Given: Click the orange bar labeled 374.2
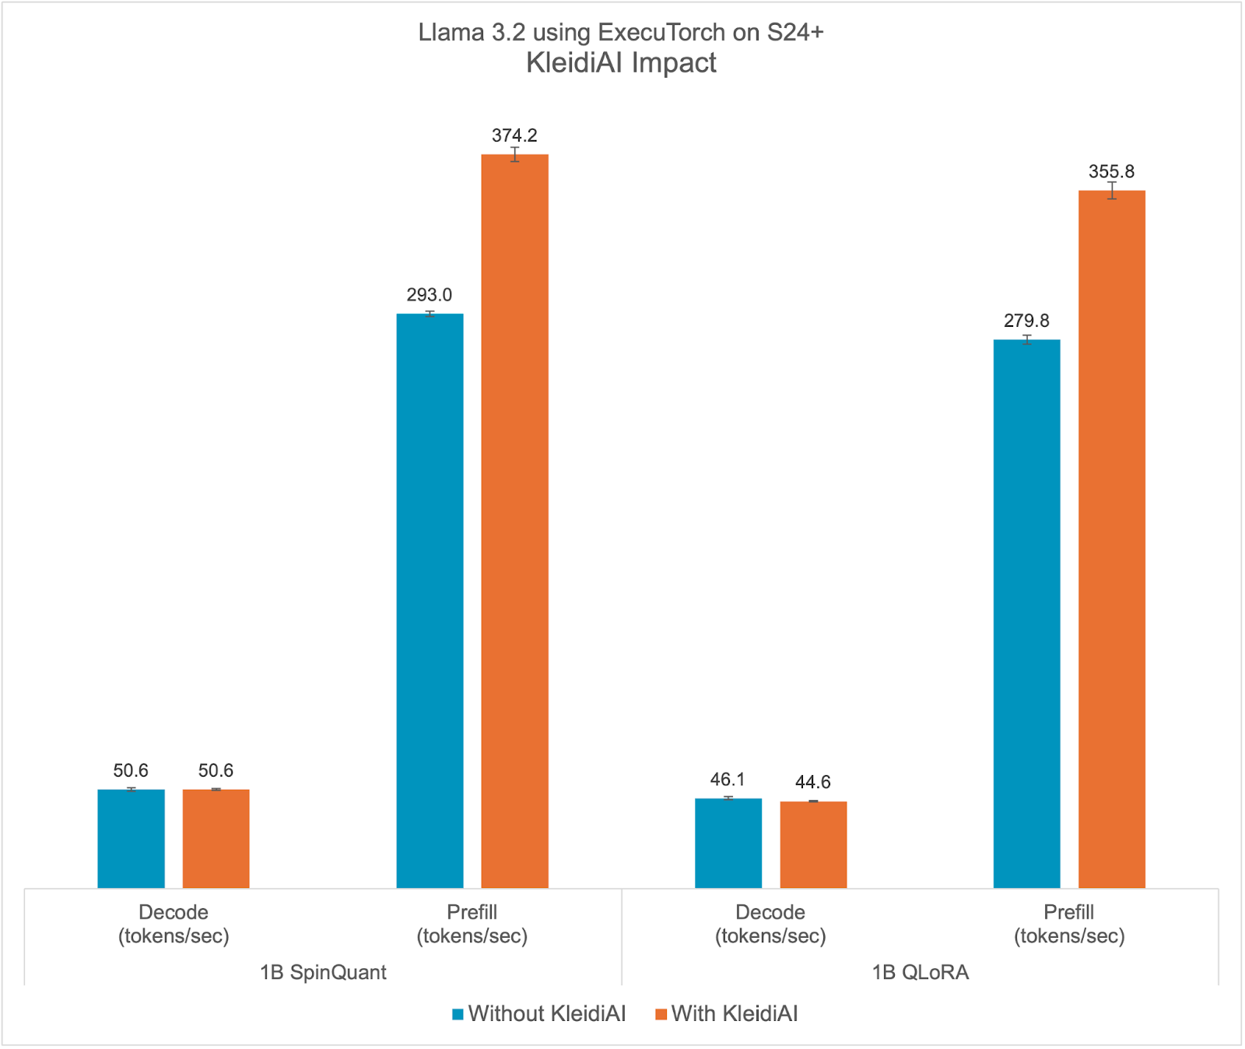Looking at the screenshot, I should coord(514,521).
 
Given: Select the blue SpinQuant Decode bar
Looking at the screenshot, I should coord(131,838).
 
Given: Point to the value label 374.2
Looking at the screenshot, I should coord(514,135).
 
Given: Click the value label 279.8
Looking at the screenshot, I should coord(1026,321).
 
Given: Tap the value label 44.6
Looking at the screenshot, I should coord(813,782).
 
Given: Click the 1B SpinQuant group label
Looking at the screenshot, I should coord(323,972).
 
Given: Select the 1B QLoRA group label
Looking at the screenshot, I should coord(920,972).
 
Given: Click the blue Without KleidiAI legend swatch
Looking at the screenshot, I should coord(458,1014).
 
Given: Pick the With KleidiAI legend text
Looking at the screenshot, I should coord(735,1013).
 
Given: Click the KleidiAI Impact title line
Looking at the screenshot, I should coord(621,62).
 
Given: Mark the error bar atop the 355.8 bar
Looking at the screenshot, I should coord(1113,191).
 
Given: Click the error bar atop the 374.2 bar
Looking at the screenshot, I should coord(515,154).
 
